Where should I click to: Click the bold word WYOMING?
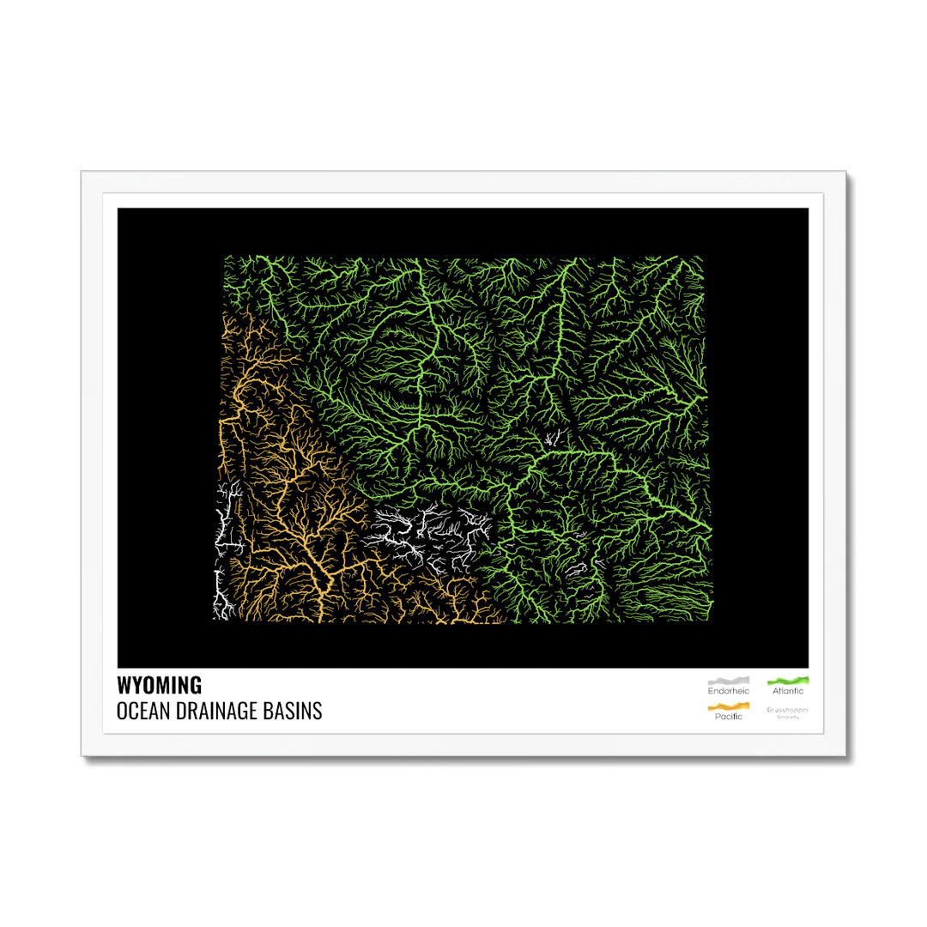click(x=160, y=685)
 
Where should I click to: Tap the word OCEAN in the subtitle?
click(x=140, y=711)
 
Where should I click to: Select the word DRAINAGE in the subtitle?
click(x=215, y=711)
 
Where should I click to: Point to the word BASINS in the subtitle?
click(x=296, y=711)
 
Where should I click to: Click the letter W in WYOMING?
click(x=124, y=685)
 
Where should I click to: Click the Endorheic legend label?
click(x=728, y=691)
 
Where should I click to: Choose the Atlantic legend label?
click(x=788, y=691)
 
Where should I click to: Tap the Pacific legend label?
click(x=728, y=717)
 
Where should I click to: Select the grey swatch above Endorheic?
click(x=728, y=681)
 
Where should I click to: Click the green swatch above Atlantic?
click(x=788, y=681)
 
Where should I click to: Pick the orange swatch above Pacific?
click(x=728, y=706)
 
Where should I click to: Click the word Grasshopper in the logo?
click(x=788, y=710)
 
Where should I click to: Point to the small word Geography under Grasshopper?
click(x=788, y=718)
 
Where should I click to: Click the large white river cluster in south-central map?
click(x=425, y=536)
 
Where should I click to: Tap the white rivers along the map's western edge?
click(x=226, y=549)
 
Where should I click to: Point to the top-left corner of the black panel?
click(x=118, y=209)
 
